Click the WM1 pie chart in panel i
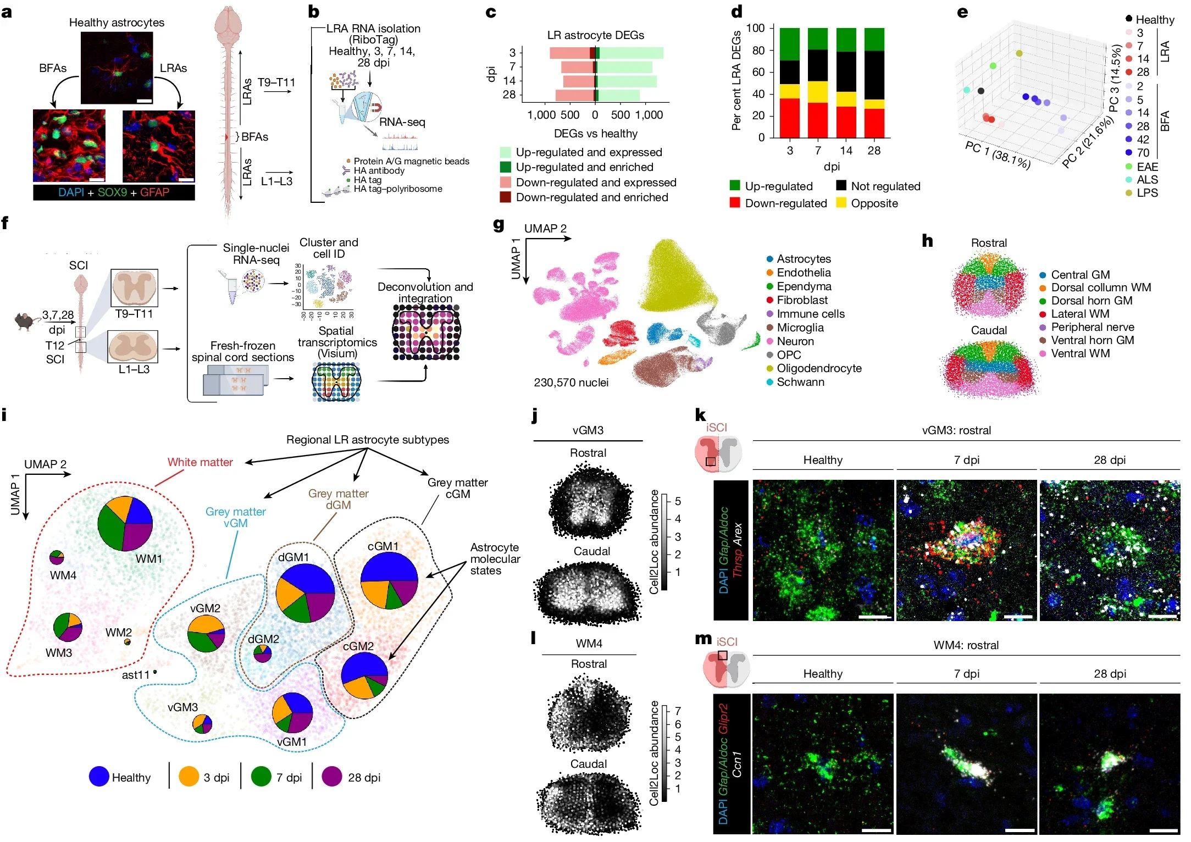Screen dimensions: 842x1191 pos(125,523)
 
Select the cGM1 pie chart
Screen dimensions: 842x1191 pos(389,580)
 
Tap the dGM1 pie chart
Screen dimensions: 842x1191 pos(305,592)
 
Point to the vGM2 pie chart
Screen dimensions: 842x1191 pos(206,634)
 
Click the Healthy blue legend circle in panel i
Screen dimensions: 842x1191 pos(99,777)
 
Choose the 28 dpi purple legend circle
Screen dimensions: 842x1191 pos(332,777)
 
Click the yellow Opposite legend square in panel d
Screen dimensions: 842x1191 pos(841,203)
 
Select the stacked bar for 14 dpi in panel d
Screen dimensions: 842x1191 pos(846,82)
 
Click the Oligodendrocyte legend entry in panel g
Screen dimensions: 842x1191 pos(818,368)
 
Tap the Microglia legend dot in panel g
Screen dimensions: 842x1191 pos(770,328)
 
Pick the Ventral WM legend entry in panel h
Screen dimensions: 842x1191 pos(1080,353)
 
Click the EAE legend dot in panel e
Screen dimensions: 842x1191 pos(1129,167)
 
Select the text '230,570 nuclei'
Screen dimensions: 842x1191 pos(571,383)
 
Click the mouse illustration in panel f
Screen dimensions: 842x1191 pos(25,320)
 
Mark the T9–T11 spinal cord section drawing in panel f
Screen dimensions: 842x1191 pos(134,288)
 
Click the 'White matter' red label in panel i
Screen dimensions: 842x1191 pos(200,462)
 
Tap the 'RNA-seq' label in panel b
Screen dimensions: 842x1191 pos(402,122)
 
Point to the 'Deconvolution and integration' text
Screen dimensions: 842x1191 pos(425,292)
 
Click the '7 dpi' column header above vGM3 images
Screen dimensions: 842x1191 pos(966,460)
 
